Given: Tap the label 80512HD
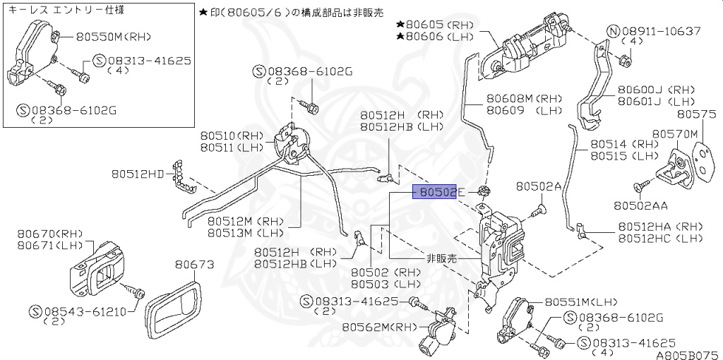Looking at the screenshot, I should pyautogui.click(x=137, y=172).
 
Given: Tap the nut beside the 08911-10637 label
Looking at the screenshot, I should pyautogui.click(x=624, y=60).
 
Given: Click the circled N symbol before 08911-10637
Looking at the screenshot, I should pyautogui.click(x=614, y=31).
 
